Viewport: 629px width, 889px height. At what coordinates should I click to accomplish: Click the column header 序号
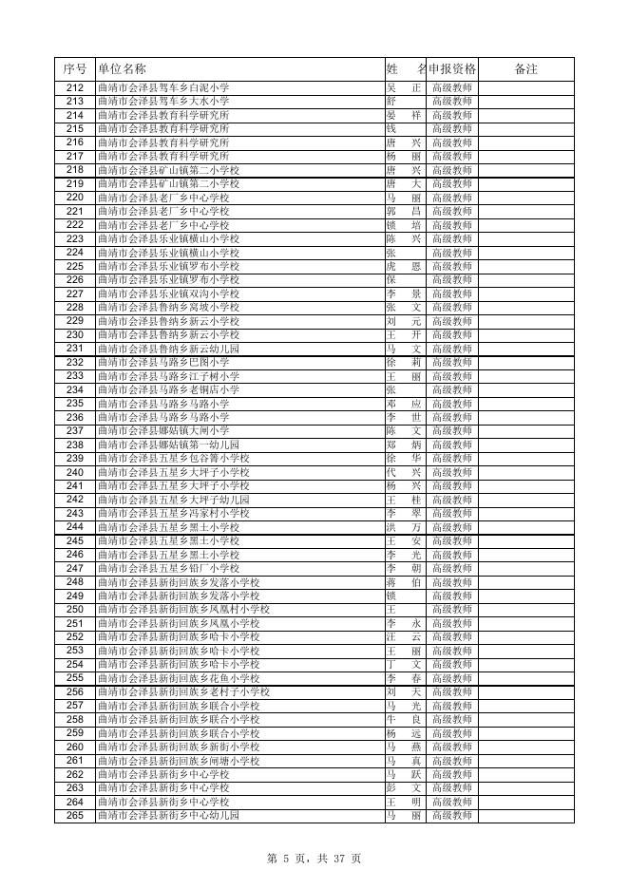(75, 69)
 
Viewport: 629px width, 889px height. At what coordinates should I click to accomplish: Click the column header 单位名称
(123, 69)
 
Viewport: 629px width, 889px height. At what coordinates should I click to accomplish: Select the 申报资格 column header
(452, 69)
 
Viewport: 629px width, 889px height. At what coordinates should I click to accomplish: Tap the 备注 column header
(525, 69)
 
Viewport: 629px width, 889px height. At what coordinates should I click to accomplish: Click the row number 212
(75, 87)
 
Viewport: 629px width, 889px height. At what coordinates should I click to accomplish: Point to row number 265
(75, 816)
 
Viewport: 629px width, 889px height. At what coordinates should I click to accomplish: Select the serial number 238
(75, 444)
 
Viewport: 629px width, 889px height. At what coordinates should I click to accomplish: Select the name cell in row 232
(404, 362)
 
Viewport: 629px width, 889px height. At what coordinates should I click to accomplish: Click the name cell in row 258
(404, 720)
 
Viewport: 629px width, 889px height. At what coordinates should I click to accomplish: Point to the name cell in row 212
(404, 87)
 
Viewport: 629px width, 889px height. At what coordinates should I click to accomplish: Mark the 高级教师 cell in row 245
(452, 540)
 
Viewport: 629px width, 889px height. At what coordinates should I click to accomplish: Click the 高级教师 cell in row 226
(452, 280)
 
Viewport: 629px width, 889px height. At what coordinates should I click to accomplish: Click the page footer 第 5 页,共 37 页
(314, 859)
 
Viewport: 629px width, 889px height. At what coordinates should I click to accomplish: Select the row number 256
(75, 692)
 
